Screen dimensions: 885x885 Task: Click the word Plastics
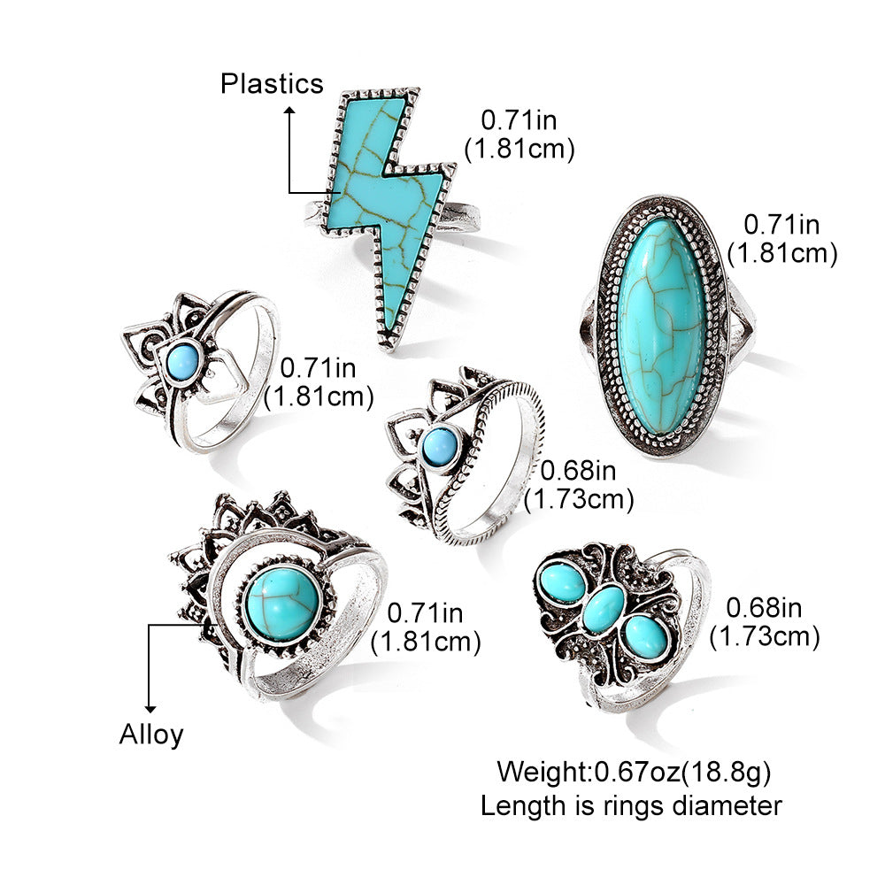tap(272, 83)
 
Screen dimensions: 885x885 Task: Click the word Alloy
tap(151, 734)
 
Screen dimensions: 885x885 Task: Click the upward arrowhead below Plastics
tap(289, 111)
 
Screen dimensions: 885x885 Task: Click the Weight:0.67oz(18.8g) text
tap(633, 772)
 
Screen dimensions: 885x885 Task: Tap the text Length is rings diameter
tap(631, 805)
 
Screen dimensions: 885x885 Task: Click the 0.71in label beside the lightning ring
tap(519, 119)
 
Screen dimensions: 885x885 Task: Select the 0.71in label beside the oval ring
tap(781, 224)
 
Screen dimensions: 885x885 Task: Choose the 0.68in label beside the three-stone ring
tap(764, 606)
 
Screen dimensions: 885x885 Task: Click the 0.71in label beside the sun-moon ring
tap(426, 612)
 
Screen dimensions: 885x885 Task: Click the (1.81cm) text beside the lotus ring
tap(319, 396)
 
